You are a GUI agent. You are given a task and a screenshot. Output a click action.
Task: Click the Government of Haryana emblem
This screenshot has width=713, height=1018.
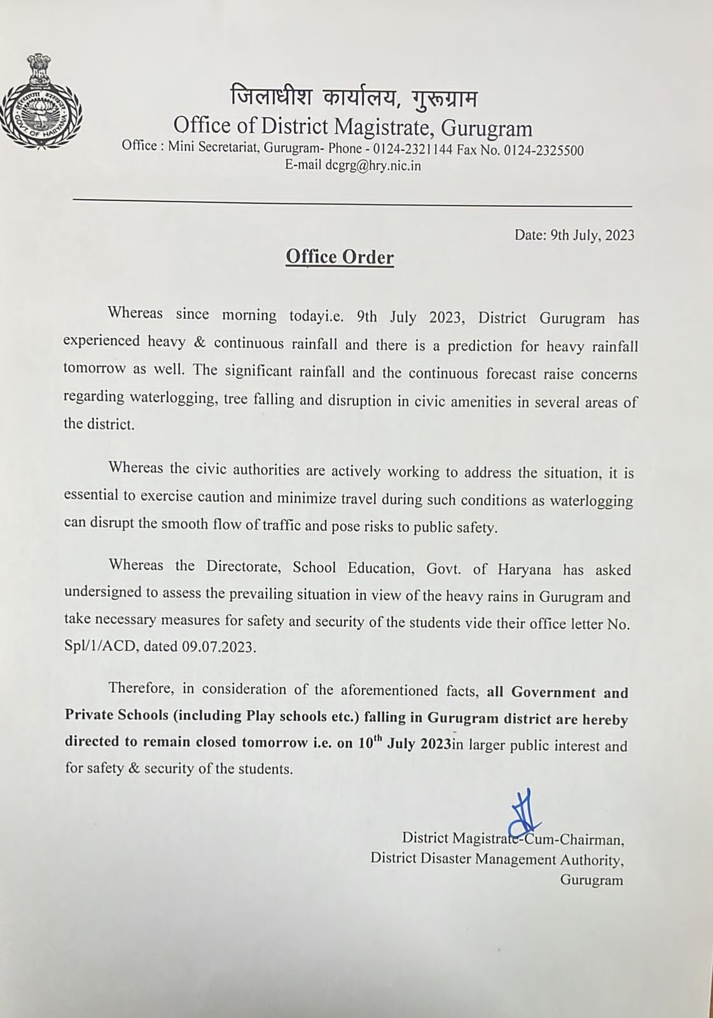41,102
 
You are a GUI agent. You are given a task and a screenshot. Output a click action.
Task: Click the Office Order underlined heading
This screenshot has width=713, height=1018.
340,257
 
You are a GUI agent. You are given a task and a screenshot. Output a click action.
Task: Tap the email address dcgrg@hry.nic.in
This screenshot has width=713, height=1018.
373,166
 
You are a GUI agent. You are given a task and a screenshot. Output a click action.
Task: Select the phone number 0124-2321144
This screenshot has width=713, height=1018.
413,150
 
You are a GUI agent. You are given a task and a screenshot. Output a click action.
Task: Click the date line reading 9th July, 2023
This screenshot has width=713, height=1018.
574,235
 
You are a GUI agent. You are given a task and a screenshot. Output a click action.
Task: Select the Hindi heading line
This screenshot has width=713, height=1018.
354,99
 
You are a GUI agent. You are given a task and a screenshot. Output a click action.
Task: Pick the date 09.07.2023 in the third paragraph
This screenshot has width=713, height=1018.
218,648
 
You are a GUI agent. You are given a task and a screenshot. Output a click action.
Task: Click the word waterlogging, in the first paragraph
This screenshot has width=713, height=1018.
173,398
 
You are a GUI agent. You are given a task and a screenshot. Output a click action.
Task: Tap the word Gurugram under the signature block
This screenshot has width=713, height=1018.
591,881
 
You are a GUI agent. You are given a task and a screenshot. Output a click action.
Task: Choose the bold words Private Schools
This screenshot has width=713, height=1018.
116,715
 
